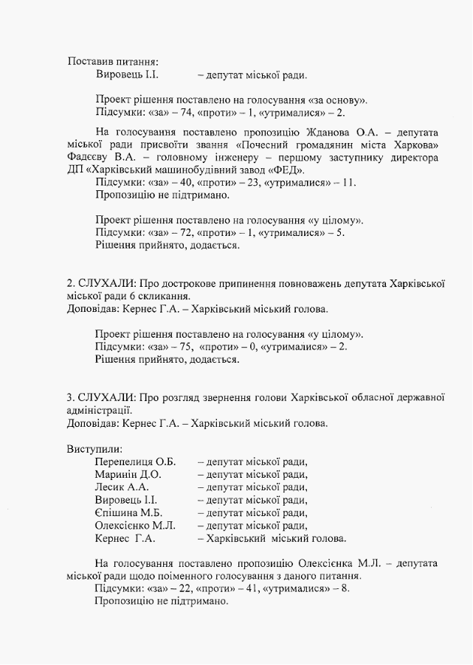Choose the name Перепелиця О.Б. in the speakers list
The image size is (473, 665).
click(135, 462)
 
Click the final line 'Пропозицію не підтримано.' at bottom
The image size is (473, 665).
click(162, 602)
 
